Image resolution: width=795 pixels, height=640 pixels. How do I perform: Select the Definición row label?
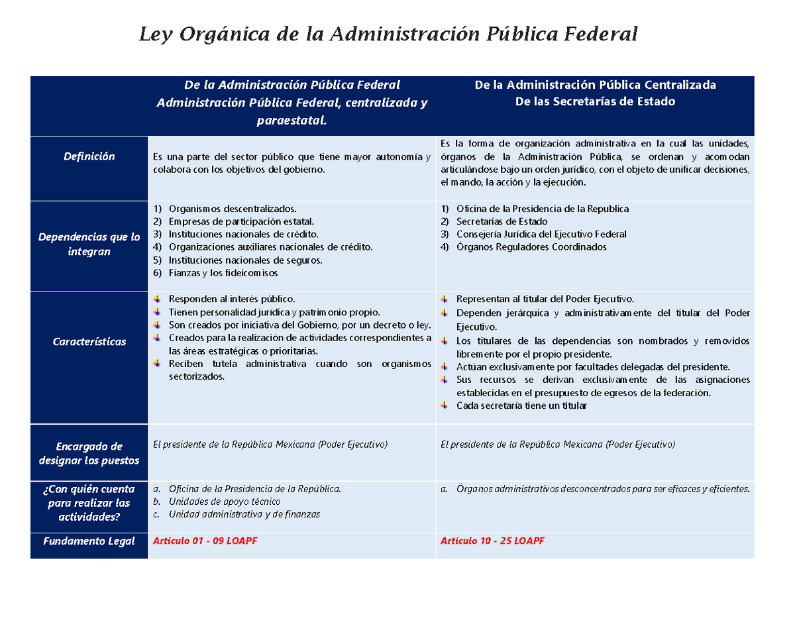[x=89, y=156]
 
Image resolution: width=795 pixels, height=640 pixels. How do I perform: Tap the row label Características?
[x=89, y=342]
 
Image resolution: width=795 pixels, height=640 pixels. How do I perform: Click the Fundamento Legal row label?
[x=89, y=541]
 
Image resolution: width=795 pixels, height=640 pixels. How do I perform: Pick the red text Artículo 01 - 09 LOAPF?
[x=205, y=541]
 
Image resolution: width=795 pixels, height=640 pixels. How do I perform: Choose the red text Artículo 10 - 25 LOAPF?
[x=492, y=541]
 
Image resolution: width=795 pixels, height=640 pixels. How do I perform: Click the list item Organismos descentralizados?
[x=232, y=209]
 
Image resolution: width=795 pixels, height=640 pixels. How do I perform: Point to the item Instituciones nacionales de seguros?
[x=245, y=260]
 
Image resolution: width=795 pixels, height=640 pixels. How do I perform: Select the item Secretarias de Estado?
[x=502, y=221]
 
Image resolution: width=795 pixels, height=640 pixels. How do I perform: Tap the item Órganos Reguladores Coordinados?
[x=531, y=247]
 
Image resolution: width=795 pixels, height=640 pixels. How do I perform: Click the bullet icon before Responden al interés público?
[x=157, y=299]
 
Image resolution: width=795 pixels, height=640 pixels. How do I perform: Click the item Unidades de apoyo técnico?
[x=225, y=502]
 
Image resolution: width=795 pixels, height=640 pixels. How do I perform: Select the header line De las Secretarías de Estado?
[x=595, y=101]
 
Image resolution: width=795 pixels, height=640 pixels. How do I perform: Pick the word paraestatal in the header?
[x=291, y=121]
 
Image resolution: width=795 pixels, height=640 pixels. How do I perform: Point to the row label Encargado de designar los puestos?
[x=89, y=453]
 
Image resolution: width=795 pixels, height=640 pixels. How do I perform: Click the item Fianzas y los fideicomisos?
[x=223, y=273]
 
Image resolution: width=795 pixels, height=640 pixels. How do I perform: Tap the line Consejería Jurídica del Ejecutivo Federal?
[x=541, y=235]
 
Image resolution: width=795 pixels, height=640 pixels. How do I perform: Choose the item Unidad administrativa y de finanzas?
[x=244, y=515]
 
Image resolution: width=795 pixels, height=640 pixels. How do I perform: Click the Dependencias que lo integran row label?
[x=89, y=244]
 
